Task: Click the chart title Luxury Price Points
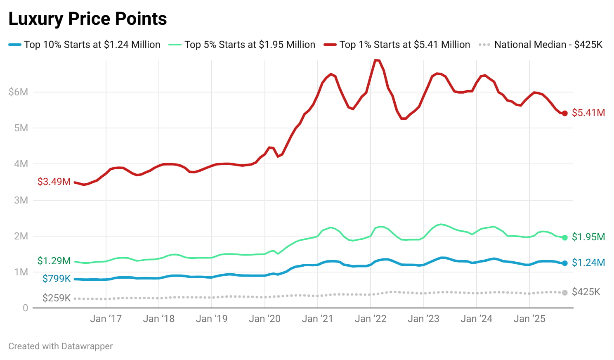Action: [x=87, y=19]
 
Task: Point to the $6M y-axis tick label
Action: [x=19, y=92]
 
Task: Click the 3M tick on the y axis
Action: [x=21, y=200]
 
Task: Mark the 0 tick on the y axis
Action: [x=26, y=308]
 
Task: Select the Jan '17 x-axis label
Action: [x=106, y=319]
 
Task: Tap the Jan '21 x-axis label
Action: [x=317, y=319]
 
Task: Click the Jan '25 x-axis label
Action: [x=529, y=319]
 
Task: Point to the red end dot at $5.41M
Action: [x=564, y=114]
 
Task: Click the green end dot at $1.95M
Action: [x=564, y=237]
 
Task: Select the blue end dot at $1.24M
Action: [x=564, y=263]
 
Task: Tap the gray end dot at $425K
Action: [x=564, y=292]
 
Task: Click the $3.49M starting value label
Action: [x=54, y=182]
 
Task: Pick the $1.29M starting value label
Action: [x=54, y=261]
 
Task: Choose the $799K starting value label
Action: [x=57, y=279]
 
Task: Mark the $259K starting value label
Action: [x=57, y=298]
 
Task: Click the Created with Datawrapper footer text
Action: [x=61, y=346]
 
